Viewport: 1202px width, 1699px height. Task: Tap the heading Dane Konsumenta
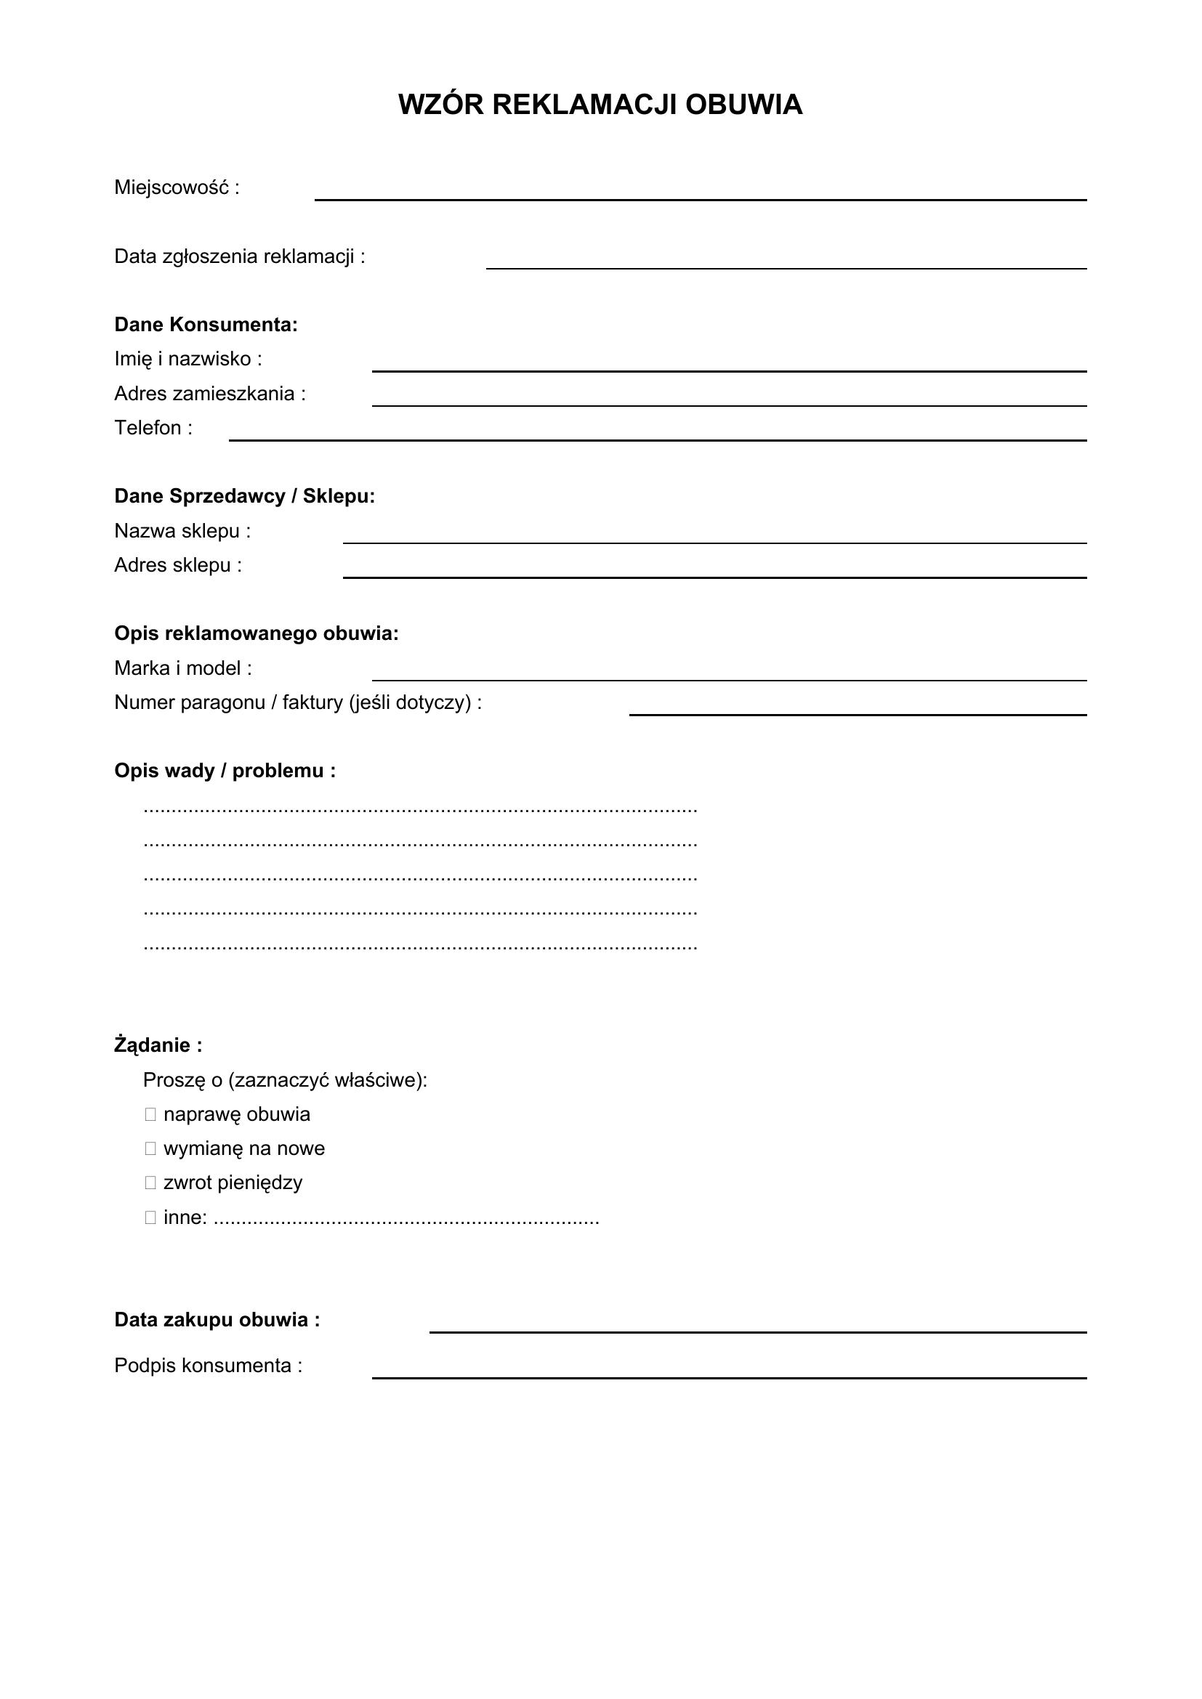[x=206, y=325]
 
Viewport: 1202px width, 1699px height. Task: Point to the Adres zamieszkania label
[x=209, y=394]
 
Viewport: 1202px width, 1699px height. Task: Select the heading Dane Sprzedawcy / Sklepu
[x=244, y=497]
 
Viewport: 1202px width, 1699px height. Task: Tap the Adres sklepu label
[x=177, y=565]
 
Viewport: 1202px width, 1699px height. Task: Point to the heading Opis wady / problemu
[x=225, y=771]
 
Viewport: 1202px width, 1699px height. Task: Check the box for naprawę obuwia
[x=150, y=1114]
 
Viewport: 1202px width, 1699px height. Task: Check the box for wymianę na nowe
[x=150, y=1148]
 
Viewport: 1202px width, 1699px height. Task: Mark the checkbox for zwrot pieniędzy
[x=150, y=1183]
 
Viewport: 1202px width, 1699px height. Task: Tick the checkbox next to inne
[x=150, y=1217]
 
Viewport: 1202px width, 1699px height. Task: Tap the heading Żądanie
[x=158, y=1045]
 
